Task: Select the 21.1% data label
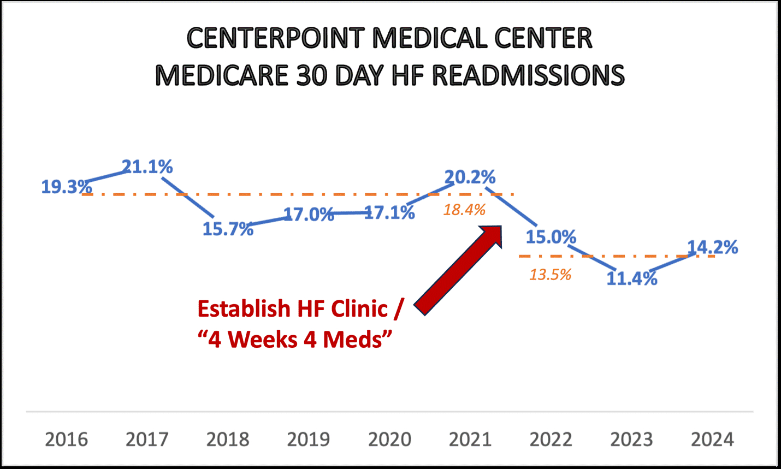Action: [147, 167]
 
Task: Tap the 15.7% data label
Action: [228, 229]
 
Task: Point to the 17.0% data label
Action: [309, 215]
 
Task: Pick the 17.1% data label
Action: [389, 212]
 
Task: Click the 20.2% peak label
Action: [470, 177]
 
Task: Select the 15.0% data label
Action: [551, 237]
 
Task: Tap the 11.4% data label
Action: [632, 278]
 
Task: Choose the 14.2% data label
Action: [712, 247]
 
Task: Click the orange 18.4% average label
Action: [464, 210]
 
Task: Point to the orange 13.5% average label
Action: [549, 274]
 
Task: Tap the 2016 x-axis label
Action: [66, 440]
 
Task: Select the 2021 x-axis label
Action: [470, 440]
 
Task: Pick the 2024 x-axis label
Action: [712, 440]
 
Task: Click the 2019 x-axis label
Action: [309, 440]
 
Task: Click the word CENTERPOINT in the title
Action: [275, 38]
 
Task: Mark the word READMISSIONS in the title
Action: [528, 75]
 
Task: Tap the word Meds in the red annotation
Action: [357, 340]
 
